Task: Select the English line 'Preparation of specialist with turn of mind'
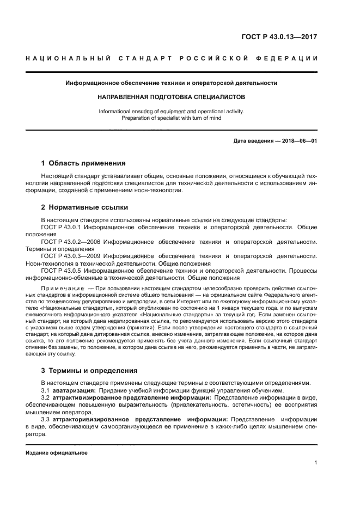171,118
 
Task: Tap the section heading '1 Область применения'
83,163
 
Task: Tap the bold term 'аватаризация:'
74,391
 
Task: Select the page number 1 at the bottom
315,463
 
